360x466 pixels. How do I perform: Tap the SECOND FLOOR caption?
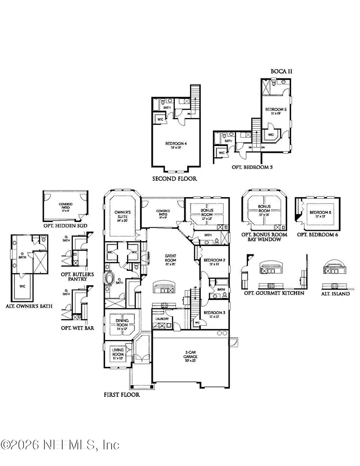coord(174,179)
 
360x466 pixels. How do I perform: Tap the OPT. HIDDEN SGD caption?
coord(65,226)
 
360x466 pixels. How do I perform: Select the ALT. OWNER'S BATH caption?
coord(30,306)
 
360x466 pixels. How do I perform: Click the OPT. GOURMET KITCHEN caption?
coord(274,293)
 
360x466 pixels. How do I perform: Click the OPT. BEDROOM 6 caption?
coord(317,234)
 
